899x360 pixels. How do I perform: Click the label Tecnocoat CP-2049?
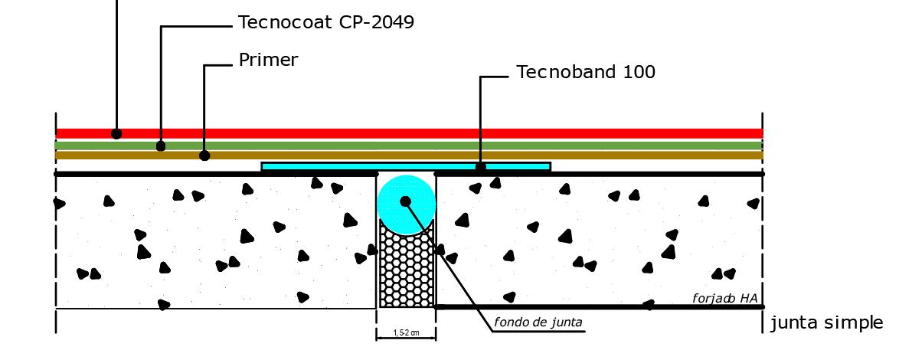325,23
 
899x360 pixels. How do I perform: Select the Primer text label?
268,60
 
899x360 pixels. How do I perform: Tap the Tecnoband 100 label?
586,73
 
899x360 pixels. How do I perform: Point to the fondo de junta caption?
538,322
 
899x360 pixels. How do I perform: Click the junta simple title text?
826,323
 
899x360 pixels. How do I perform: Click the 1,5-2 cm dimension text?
406,333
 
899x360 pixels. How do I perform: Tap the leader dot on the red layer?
116,133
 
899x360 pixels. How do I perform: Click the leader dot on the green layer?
161,146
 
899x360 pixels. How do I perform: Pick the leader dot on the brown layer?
204,155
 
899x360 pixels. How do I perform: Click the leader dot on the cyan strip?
481,166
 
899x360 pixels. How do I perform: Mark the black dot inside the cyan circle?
406,201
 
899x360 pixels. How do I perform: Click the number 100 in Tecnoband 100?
639,73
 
